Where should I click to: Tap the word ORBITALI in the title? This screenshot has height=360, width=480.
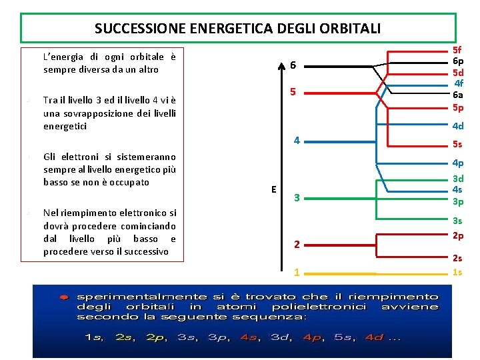(353, 29)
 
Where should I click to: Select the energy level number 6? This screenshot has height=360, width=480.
(293, 65)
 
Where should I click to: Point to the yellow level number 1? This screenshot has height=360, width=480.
(297, 273)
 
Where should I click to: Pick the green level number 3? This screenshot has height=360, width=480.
(297, 198)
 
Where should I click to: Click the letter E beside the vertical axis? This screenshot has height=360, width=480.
(273, 189)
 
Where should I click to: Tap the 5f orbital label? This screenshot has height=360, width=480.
(457, 49)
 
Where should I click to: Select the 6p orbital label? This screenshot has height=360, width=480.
(457, 61)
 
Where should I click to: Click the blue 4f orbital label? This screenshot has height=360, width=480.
(458, 83)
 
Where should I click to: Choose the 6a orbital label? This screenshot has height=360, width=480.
(457, 95)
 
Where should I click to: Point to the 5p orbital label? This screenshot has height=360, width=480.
(457, 107)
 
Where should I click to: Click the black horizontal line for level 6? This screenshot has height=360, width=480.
(340, 65)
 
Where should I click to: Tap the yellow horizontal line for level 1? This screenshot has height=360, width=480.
(340, 273)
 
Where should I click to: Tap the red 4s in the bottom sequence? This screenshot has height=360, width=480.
(248, 337)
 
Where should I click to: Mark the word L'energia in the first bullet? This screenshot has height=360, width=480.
(62, 57)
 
